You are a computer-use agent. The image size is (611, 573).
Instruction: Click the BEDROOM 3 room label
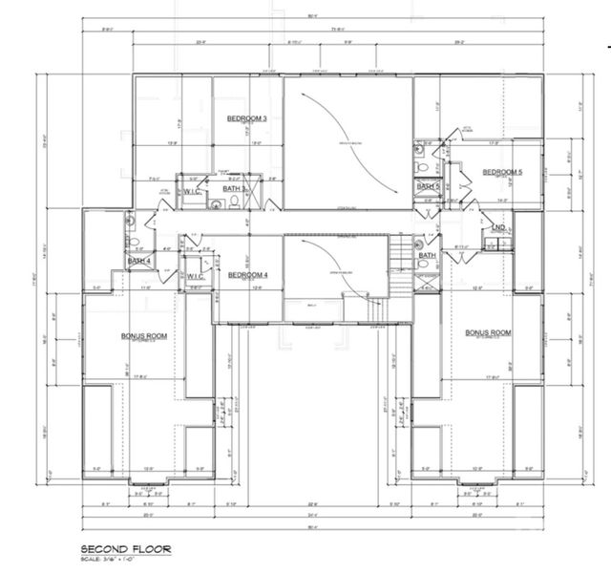(x=246, y=118)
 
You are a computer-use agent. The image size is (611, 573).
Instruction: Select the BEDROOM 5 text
(x=502, y=172)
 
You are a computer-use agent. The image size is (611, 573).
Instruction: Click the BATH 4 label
(x=139, y=260)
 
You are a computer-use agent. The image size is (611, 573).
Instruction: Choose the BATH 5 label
(x=428, y=186)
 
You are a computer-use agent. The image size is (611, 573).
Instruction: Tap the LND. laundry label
(x=498, y=227)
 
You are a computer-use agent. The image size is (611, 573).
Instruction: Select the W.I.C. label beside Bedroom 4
(x=196, y=276)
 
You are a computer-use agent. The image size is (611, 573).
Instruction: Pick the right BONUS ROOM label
(x=488, y=332)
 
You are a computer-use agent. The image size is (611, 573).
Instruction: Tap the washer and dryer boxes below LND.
(x=496, y=243)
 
